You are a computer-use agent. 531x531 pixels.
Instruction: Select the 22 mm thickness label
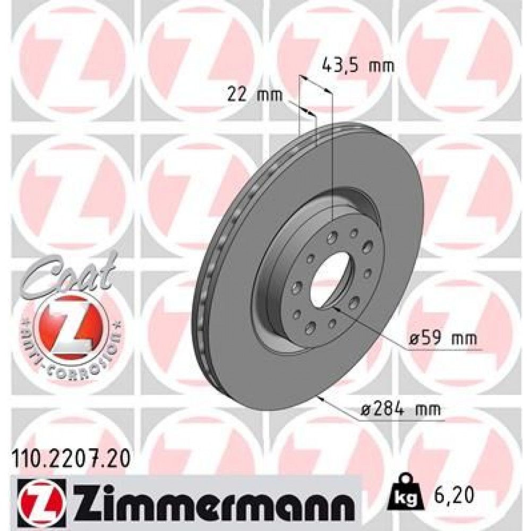click(x=248, y=95)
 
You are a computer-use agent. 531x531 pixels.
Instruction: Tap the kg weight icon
click(x=406, y=495)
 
